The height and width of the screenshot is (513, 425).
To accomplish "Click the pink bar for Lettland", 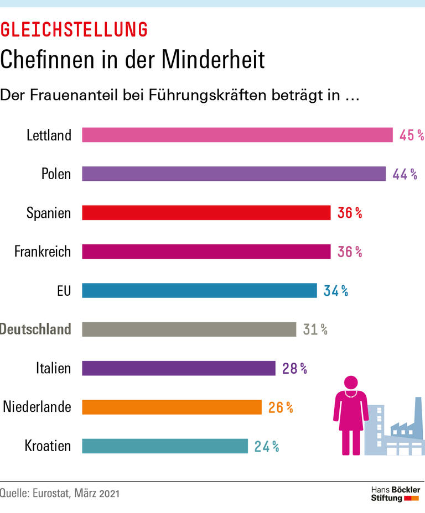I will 237,135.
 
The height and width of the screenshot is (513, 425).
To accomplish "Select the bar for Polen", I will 234,174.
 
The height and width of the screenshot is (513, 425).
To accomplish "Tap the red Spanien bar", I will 206,213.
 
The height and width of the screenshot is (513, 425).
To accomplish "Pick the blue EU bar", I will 199,290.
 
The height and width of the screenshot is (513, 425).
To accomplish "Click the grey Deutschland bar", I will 189,329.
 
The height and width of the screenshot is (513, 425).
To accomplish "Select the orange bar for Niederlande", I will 172,407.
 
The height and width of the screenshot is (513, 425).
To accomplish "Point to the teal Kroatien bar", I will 165,446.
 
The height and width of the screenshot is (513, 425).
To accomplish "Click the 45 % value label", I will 411,135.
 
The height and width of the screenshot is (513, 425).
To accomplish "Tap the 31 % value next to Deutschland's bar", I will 315,329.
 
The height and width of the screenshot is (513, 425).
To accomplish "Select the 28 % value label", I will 294,368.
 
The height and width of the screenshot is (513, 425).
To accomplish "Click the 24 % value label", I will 266,446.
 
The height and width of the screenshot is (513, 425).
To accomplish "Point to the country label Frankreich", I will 43,252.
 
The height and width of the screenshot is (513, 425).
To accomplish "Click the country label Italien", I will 53,368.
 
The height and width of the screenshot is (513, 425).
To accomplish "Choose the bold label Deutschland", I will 35,329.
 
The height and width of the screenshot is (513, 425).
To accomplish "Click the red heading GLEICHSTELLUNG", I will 74,29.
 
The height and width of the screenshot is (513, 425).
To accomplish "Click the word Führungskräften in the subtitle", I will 207,95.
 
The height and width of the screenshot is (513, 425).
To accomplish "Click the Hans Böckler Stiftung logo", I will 395,494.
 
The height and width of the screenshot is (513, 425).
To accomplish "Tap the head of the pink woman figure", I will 350,382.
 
